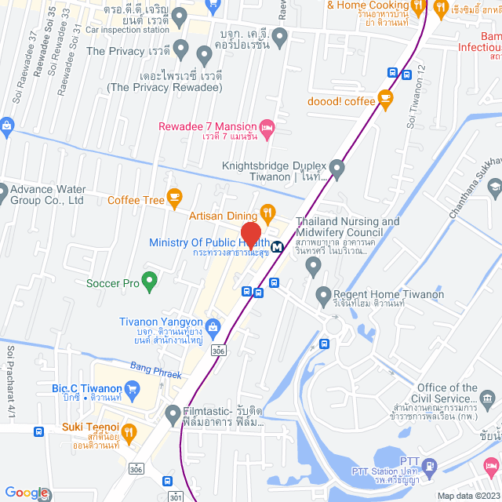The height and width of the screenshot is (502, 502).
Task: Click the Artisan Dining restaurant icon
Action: tap(267, 212)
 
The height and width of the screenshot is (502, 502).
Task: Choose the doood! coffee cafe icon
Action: tap(384, 99)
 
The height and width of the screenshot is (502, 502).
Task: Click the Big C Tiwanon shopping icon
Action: tap(133, 387)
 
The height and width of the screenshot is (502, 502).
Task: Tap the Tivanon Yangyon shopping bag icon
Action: tap(212, 323)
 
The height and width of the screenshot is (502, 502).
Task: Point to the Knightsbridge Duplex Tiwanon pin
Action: tap(337, 167)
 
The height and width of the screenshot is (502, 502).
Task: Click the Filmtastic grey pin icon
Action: tap(173, 412)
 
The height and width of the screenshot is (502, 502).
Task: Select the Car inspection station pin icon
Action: tap(180, 15)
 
